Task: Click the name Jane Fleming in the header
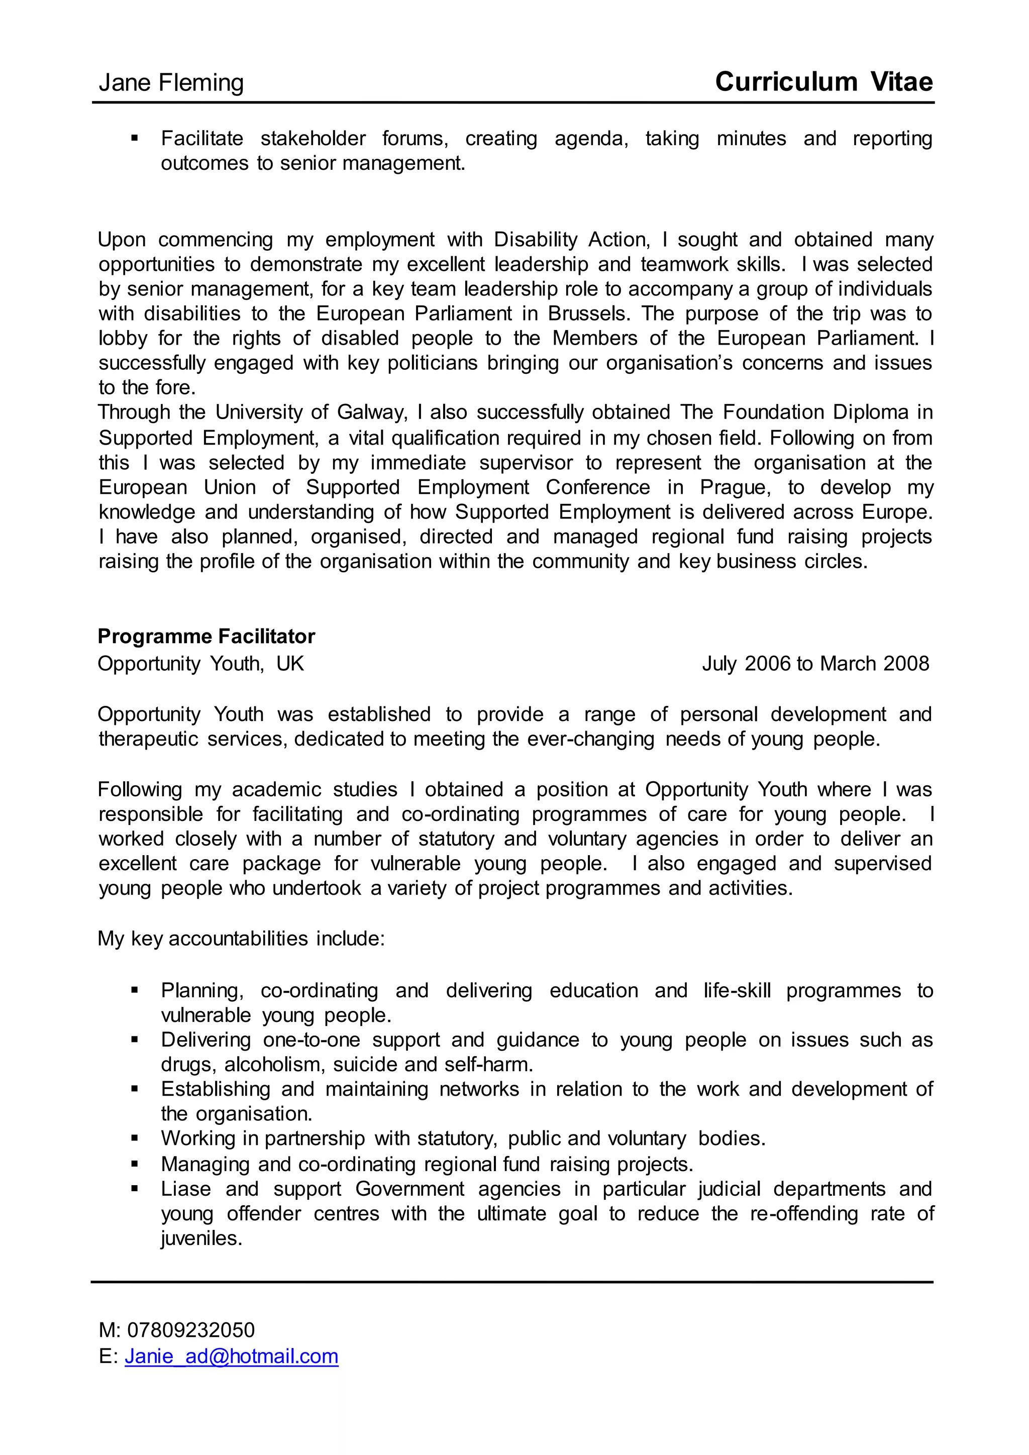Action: click(171, 83)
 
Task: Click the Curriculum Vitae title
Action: click(823, 82)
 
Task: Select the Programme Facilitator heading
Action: click(206, 636)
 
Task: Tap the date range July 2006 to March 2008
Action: click(815, 664)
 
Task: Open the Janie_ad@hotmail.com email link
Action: click(231, 1356)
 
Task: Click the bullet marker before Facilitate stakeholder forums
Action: click(134, 138)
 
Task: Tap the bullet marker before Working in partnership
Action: click(134, 1138)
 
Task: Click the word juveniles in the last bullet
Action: click(201, 1238)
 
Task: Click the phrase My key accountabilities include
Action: click(241, 939)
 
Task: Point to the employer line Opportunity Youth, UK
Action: click(201, 664)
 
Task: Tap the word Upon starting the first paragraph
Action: click(122, 240)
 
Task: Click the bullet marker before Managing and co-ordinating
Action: click(134, 1164)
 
